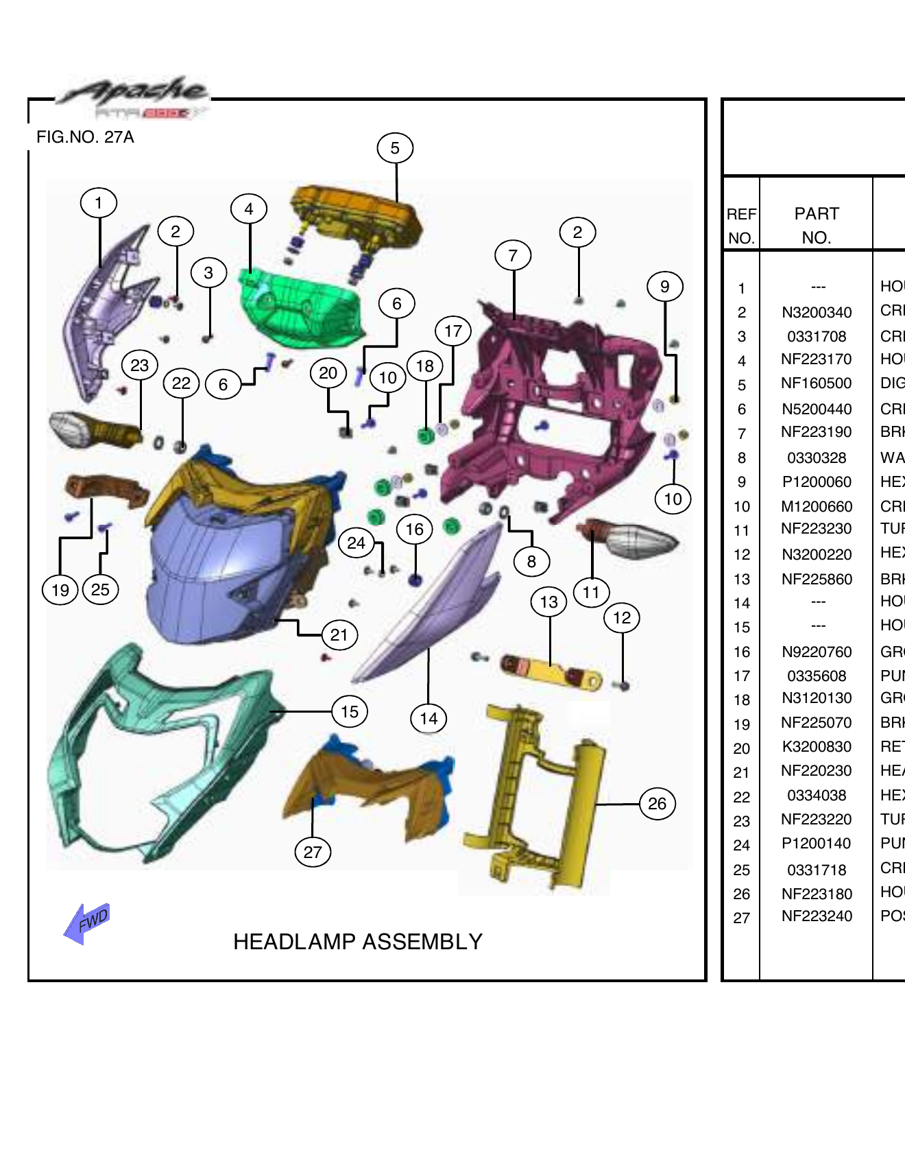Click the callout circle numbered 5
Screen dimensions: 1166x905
[x=395, y=148]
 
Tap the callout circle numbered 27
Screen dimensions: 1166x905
[x=313, y=853]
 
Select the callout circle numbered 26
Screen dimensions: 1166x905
[x=657, y=804]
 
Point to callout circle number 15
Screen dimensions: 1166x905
[x=350, y=712]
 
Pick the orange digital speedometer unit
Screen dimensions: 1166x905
[x=357, y=216]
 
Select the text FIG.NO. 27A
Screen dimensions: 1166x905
[x=85, y=137]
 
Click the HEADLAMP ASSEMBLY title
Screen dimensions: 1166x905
[x=357, y=942]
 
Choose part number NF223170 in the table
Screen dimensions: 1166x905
[x=816, y=359]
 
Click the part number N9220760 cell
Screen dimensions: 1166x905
[x=816, y=652]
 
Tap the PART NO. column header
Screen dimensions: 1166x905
[x=816, y=225]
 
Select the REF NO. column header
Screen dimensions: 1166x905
[x=741, y=225]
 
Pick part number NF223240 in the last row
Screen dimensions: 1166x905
[x=816, y=916]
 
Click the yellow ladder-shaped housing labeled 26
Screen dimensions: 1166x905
[x=535, y=796]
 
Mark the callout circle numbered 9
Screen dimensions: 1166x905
[x=664, y=287]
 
